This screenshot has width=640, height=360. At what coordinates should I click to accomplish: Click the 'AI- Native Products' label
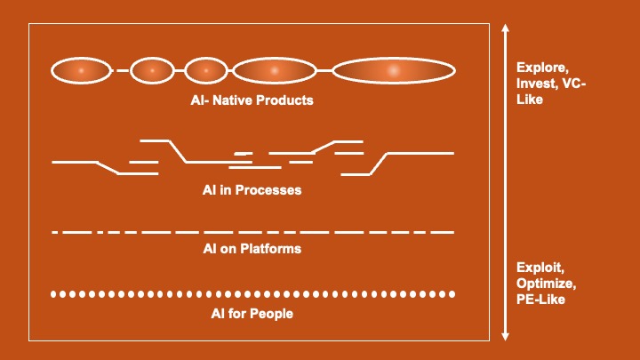(252, 100)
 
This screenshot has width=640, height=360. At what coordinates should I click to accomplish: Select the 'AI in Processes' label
(252, 190)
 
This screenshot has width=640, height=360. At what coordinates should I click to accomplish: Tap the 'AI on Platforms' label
(252, 249)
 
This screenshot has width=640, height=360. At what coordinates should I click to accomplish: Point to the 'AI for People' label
(252, 314)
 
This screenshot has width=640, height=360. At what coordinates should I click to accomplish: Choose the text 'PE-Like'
(540, 300)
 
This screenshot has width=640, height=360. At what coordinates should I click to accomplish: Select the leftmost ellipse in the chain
(81, 69)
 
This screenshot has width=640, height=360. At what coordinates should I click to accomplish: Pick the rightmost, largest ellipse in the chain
(394, 69)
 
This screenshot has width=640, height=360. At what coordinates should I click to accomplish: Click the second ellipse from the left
(152, 69)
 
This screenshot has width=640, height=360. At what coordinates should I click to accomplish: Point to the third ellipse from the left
(206, 69)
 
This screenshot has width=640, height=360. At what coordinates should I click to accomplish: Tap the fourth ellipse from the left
(275, 69)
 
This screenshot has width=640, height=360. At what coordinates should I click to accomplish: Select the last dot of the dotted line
(452, 293)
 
